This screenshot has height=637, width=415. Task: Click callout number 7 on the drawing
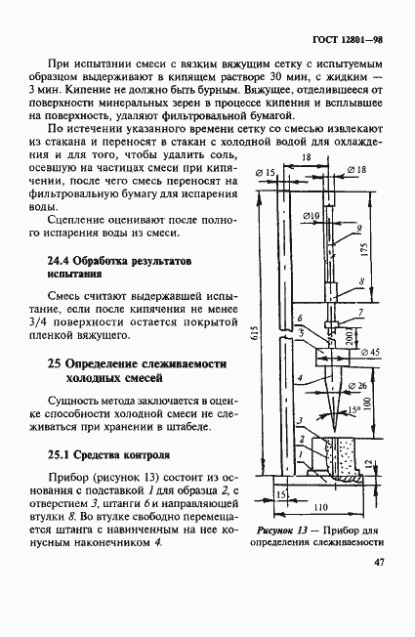(360, 311)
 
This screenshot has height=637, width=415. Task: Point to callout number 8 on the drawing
(360, 280)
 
